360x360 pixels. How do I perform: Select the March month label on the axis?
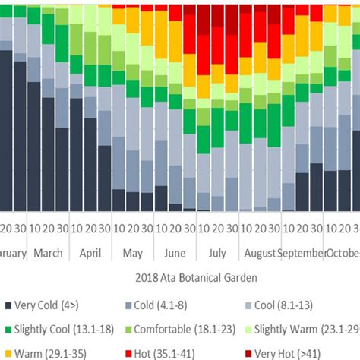click(48, 253)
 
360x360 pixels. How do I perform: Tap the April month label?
click(90, 253)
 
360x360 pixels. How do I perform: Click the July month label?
click(216, 253)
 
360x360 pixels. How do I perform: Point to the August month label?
click(258, 253)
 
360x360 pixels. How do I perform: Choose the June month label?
click(174, 253)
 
